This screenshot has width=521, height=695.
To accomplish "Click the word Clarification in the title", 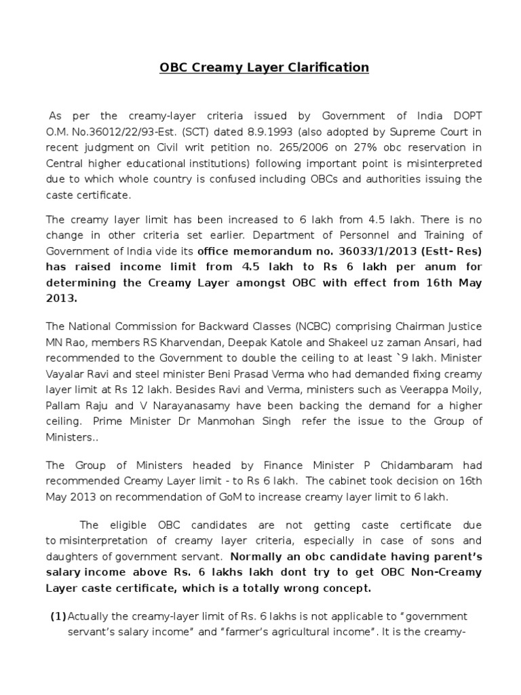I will tap(327, 67).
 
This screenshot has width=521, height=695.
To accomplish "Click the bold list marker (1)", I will tap(58, 616).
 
